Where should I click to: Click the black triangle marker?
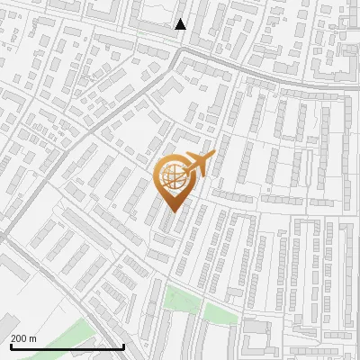(181, 24)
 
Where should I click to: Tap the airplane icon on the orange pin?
(201, 166)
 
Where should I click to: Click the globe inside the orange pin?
(175, 177)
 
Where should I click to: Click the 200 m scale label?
(23, 338)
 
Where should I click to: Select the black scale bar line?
(67, 346)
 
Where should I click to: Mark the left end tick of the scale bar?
(10, 345)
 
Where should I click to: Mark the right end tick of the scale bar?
(123, 345)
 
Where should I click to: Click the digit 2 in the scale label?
(14, 338)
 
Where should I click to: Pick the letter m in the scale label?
(34, 338)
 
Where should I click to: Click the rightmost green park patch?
(220, 314)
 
